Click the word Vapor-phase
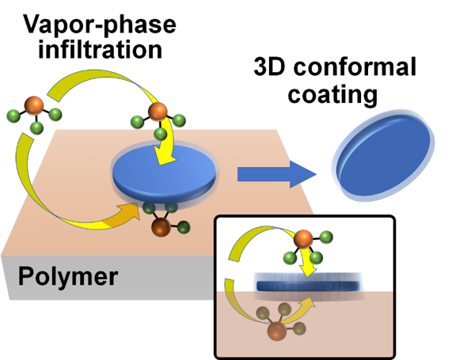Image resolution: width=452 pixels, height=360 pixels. click(x=100, y=25)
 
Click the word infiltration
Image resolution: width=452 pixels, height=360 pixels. click(x=100, y=49)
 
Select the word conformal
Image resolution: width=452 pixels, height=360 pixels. click(x=355, y=66)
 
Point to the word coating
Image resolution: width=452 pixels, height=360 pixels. click(x=332, y=94)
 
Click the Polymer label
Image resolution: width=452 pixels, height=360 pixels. click(x=68, y=276)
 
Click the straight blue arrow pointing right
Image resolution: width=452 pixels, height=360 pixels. click(x=277, y=174)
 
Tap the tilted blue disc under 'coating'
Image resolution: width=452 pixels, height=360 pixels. click(x=384, y=155)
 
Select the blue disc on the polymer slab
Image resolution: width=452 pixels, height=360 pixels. click(x=164, y=174)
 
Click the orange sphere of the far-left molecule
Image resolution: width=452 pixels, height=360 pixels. click(x=34, y=106)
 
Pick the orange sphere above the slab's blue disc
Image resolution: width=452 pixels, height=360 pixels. click(x=158, y=112)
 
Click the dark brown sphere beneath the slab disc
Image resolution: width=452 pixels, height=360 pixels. click(x=161, y=227)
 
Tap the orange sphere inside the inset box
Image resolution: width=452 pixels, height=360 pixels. click(x=303, y=239)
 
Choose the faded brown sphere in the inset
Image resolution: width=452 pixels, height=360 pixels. click(x=277, y=332)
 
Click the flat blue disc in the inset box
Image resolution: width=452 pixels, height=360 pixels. click(x=309, y=286)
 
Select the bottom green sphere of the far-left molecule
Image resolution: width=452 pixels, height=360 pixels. click(x=36, y=127)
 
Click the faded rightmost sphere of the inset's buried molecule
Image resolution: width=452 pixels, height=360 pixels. click(x=299, y=328)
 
